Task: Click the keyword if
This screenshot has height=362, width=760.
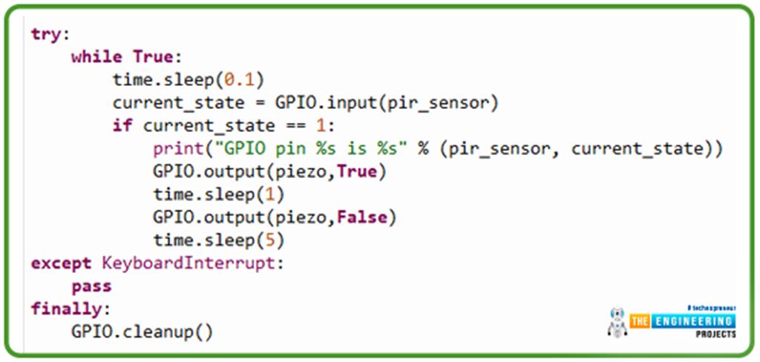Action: (x=122, y=125)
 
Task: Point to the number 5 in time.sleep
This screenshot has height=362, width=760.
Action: (x=271, y=240)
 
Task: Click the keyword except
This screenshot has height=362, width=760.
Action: (x=60, y=263)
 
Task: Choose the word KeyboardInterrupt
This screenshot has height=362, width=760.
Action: (x=188, y=263)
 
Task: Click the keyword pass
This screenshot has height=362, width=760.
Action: (x=91, y=286)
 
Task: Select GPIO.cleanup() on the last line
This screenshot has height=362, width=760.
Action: (x=142, y=331)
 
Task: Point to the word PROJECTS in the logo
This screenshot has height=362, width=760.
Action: (x=715, y=335)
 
